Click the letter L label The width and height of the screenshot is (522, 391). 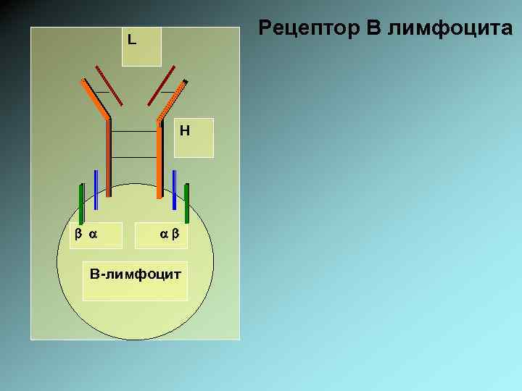(x=130, y=39)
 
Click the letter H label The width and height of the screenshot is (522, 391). (x=185, y=130)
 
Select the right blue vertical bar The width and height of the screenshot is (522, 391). (x=175, y=190)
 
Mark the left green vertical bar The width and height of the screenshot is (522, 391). (x=81, y=204)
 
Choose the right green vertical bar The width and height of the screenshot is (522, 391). (x=187, y=204)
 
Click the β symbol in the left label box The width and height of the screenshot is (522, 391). (x=77, y=234)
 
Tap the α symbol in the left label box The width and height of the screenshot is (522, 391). (x=92, y=234)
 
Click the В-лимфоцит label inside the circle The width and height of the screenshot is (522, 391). (x=135, y=274)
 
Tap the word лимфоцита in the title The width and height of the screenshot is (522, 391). (x=450, y=29)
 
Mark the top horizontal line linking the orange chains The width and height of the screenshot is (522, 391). (x=134, y=131)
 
